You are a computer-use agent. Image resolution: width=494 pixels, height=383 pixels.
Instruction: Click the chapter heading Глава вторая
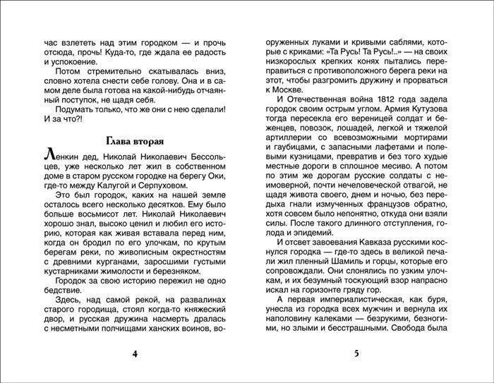point(133,138)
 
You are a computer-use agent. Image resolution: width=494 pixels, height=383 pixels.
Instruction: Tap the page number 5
point(356,353)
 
